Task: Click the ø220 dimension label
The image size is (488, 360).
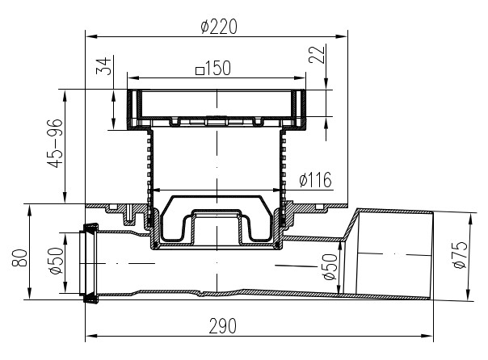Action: (219, 27)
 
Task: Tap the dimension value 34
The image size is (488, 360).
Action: (103, 66)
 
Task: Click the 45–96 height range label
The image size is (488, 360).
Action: (55, 144)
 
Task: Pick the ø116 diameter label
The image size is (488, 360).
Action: (315, 180)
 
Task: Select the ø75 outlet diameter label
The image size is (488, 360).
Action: (461, 254)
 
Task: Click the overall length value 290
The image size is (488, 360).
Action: (222, 326)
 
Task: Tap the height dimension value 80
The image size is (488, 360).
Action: (19, 257)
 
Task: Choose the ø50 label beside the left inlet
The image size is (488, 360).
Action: (56, 261)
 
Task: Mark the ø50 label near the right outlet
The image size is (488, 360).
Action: (330, 266)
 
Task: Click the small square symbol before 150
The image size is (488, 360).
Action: (200, 71)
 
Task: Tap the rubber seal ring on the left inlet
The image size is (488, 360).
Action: (90, 263)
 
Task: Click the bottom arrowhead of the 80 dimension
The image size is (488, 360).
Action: (30, 294)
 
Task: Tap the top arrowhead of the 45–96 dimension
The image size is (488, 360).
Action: (65, 96)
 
